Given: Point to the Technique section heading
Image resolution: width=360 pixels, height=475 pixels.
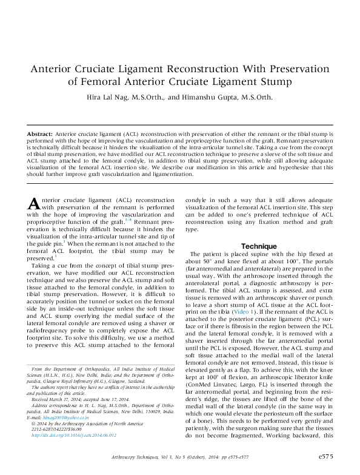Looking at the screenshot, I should pos(259,246).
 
